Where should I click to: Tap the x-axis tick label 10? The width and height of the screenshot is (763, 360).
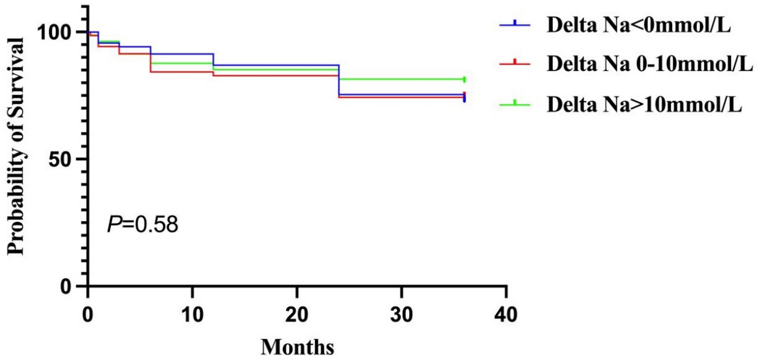point(192,313)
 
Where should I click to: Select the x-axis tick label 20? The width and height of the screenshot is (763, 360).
point(297,313)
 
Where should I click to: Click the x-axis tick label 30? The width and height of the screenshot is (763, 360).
point(401,313)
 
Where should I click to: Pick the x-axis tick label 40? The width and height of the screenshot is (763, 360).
point(506,313)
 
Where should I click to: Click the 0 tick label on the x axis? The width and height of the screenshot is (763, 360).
point(88,313)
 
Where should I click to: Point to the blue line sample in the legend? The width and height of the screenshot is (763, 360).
point(515,24)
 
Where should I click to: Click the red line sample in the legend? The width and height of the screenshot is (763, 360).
point(515,64)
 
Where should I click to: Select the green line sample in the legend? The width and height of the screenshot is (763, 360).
point(515,103)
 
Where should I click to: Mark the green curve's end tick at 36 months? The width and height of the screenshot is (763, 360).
point(464,79)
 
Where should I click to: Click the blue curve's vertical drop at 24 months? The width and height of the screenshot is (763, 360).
point(339,80)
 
